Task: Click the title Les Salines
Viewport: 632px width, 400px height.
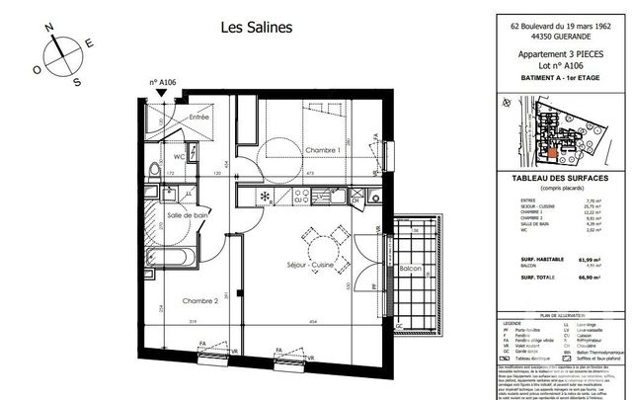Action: click(255, 28)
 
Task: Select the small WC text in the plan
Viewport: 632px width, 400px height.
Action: click(180, 157)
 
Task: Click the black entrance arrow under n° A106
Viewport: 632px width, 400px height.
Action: click(162, 93)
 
